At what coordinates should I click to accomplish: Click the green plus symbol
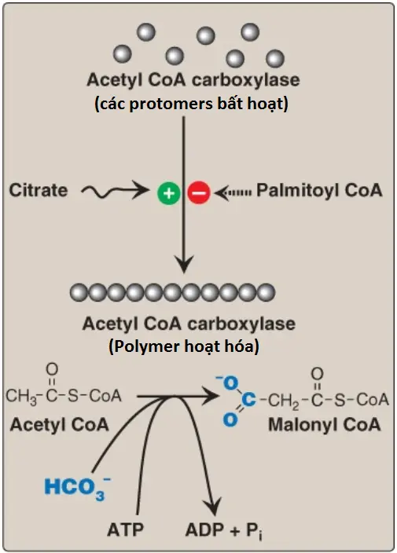169,193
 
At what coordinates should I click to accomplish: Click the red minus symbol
199,193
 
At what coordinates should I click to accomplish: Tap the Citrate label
38,190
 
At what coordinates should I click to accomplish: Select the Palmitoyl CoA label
319,190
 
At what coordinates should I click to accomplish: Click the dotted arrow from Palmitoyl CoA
233,192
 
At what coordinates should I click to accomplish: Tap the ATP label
126,529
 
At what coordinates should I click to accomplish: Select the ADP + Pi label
224,530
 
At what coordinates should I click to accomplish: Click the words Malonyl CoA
325,424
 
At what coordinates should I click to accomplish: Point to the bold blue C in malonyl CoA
248,400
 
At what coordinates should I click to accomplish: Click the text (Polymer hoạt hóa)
184,346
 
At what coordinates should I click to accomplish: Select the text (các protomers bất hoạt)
191,104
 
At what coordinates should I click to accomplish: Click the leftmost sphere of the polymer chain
79,292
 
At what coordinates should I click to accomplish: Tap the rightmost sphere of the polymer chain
266,292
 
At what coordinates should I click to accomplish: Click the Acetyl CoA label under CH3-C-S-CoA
59,424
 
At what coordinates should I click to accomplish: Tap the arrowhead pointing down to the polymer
184,263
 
